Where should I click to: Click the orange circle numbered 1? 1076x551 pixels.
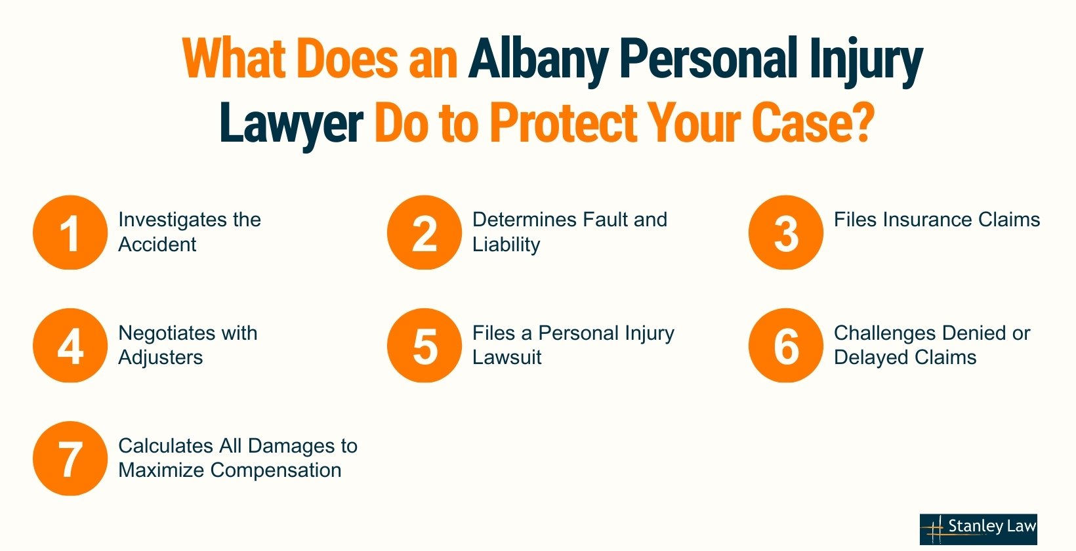coord(70,232)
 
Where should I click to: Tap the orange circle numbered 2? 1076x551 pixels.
coord(424,232)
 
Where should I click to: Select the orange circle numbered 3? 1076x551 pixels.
coord(786,232)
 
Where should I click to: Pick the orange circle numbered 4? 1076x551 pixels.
coord(70,346)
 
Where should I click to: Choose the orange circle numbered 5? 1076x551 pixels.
coord(424,346)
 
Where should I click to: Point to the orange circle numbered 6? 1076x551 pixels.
coord(786,346)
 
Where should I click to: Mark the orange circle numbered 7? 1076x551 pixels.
coord(70,459)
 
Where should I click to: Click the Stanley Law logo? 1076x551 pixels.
coord(978,529)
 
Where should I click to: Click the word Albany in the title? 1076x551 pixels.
coord(539,60)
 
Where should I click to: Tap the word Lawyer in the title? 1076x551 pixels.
coord(291,124)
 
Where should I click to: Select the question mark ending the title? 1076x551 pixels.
coord(863,122)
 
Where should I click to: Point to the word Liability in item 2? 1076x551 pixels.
coord(507,245)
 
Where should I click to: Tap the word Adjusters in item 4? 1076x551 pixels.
coord(161,358)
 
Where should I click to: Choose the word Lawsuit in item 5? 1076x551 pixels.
coord(507,357)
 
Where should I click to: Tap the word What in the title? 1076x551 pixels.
coord(234,59)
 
